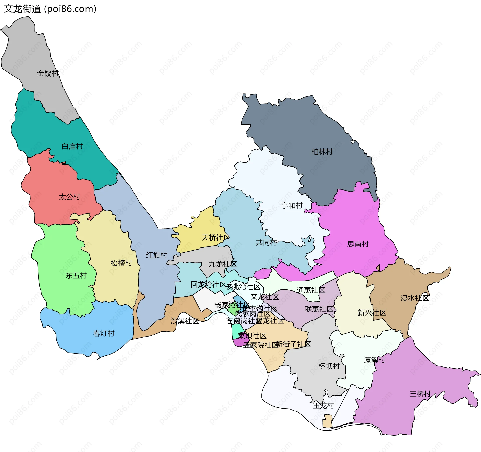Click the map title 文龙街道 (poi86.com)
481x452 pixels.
point(50,9)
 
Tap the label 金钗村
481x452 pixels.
point(48,73)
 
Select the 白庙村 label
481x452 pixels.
point(72,146)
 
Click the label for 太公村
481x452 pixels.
point(69,197)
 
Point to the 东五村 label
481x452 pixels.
point(76,276)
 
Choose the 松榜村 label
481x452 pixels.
point(121,263)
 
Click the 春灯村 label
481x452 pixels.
point(104,334)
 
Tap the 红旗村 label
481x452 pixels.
point(157,255)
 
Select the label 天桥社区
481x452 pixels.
point(216,237)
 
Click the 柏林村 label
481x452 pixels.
point(322,152)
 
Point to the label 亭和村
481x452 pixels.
point(292,206)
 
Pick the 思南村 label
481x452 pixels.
point(358,244)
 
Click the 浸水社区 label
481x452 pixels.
point(415,298)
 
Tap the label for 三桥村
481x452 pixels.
point(420,394)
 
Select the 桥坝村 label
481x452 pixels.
point(329,366)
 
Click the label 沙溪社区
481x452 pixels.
point(185,321)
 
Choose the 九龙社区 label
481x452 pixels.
point(222,264)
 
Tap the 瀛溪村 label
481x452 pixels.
point(374,360)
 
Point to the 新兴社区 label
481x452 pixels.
point(372,313)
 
